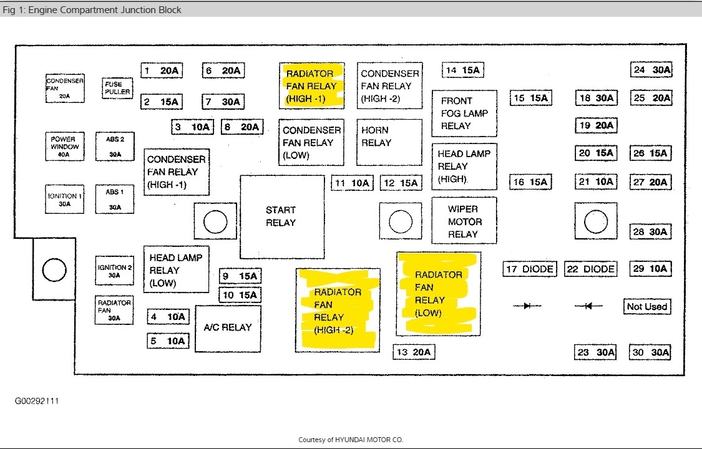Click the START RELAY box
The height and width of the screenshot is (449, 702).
(282, 216)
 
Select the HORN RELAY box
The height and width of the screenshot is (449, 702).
(389, 142)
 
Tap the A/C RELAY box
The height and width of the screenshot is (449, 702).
(228, 328)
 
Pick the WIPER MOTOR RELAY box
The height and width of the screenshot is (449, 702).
(464, 221)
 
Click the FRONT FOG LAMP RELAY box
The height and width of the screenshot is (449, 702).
(464, 113)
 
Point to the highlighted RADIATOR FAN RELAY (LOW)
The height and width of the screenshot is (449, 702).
(438, 294)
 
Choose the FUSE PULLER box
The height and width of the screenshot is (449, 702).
(117, 88)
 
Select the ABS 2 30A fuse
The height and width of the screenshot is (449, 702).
(115, 147)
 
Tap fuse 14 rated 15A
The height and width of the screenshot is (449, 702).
(463, 70)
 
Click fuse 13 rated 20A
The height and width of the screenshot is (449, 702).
(414, 352)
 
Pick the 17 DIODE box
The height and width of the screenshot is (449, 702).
(529, 269)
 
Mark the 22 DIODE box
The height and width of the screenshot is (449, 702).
(590, 269)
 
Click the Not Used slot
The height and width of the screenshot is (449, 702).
(646, 307)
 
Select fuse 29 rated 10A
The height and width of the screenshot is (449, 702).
(650, 269)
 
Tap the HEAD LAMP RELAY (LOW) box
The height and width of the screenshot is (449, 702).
(176, 269)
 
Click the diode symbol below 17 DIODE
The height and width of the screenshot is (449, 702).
(527, 306)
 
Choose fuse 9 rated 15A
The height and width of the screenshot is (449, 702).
(240, 276)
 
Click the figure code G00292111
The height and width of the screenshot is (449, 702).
(37, 401)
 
